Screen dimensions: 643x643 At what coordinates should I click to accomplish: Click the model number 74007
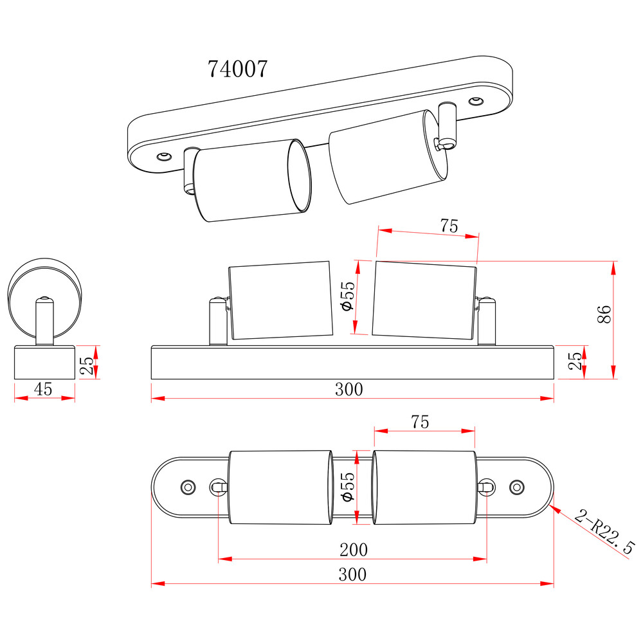tap(237, 69)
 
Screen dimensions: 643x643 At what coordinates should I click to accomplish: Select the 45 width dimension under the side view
tap(44, 388)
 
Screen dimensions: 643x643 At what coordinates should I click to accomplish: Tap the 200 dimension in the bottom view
tap(354, 549)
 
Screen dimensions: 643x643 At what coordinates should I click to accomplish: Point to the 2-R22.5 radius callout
tap(604, 531)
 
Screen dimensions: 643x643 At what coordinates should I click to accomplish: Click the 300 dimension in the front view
tap(349, 389)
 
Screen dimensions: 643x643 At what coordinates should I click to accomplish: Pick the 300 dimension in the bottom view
tap(352, 574)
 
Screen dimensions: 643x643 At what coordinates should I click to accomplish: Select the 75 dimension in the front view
tap(449, 226)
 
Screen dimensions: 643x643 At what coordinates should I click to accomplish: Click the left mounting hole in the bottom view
tap(188, 487)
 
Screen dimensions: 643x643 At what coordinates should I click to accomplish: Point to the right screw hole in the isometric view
tap(475, 101)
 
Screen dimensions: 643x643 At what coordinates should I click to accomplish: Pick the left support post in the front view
tap(217, 321)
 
